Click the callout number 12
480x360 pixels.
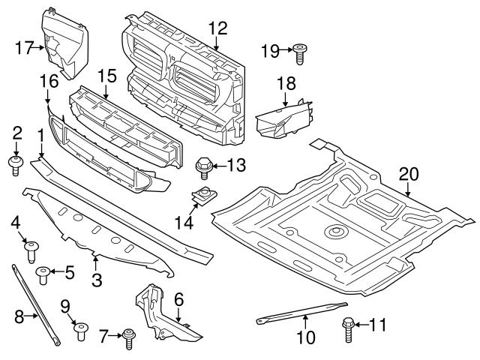pyautogui.click(x=217, y=28)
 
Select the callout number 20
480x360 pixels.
pyautogui.click(x=409, y=174)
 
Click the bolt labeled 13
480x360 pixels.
pyautogui.click(x=202, y=164)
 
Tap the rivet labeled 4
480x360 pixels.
pyautogui.click(x=31, y=249)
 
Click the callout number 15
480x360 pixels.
pyautogui.click(x=106, y=76)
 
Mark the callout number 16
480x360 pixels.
pyautogui.click(x=48, y=79)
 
